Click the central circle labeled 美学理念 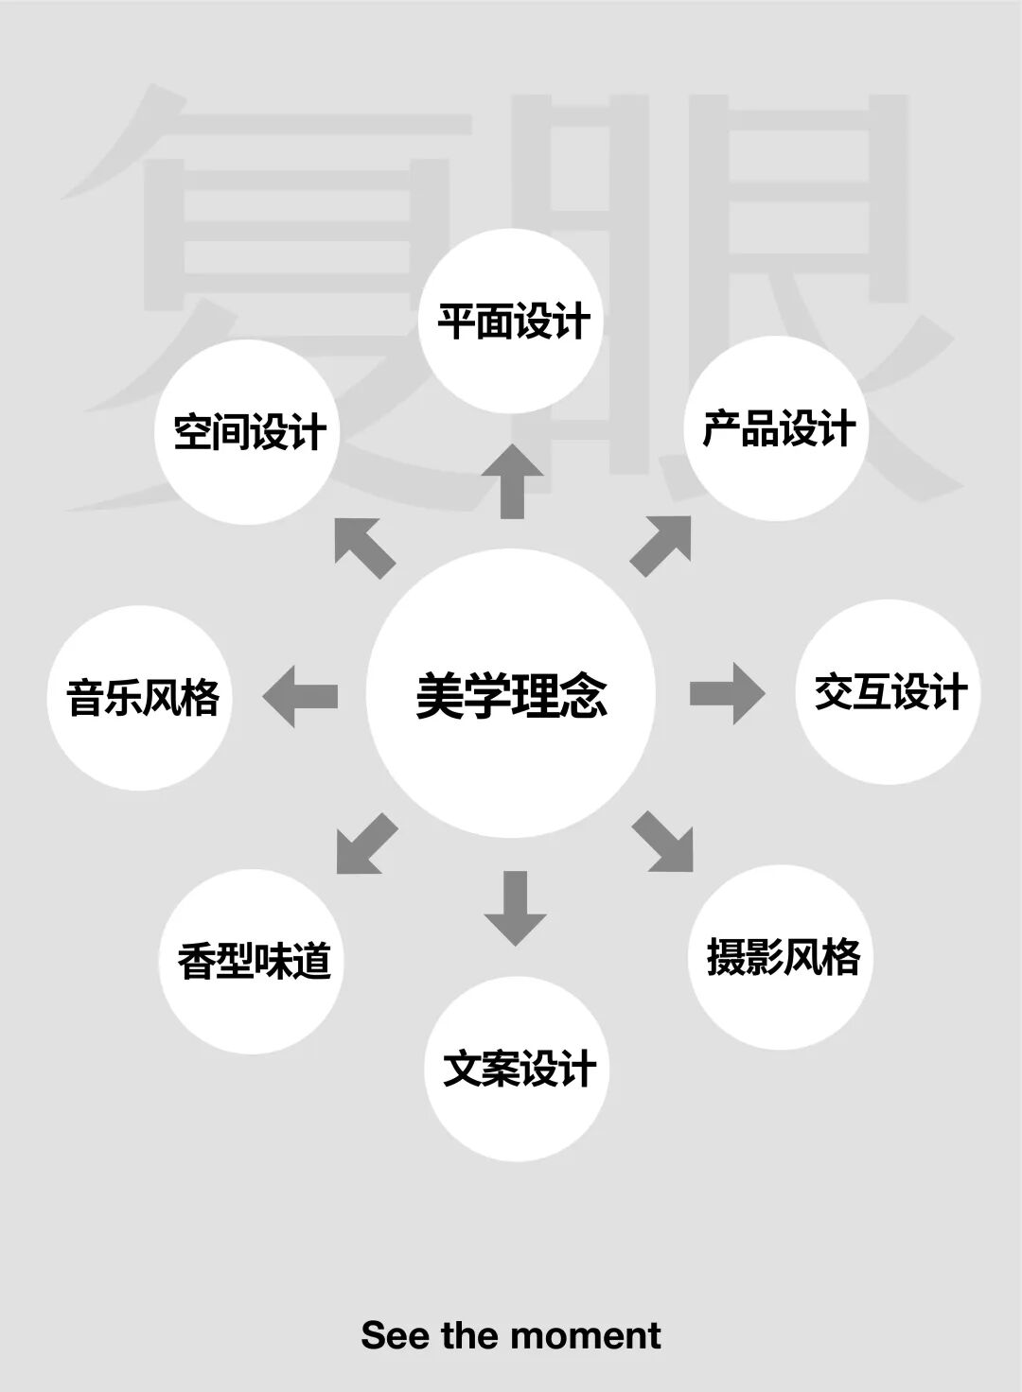point(511,694)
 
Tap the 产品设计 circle point(776,428)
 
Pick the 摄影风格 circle point(781,957)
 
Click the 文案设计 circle point(518,1069)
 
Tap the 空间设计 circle point(247,432)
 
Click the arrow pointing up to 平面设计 point(512,480)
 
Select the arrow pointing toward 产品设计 point(662,544)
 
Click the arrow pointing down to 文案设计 point(515,908)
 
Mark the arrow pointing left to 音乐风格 point(300,696)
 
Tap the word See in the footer point(396,1335)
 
